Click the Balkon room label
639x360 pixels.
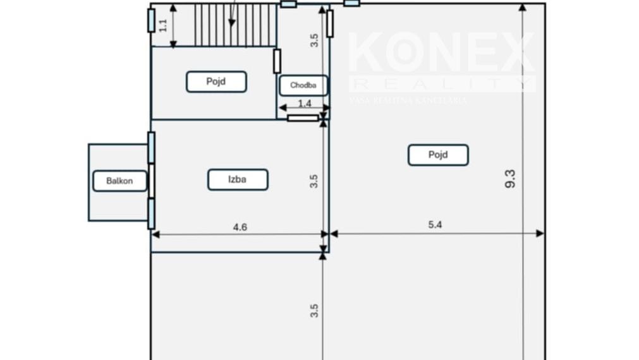point(119,181)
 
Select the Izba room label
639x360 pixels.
point(238,179)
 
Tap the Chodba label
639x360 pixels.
point(303,85)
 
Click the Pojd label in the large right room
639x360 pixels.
point(438,155)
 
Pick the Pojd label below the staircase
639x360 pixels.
point(216,81)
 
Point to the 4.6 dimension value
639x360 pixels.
point(240,227)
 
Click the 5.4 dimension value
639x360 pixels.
point(435,224)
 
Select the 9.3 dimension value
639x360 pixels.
point(511,179)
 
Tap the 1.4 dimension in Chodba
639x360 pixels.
point(305,103)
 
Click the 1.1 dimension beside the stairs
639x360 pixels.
point(163,25)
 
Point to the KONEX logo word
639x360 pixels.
point(441,54)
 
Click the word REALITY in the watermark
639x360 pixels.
point(441,84)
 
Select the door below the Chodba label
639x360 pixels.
point(303,118)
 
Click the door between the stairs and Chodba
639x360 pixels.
point(277,61)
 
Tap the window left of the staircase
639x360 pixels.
point(151,20)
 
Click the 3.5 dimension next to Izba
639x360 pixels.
point(314,181)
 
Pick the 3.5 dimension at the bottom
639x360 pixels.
point(314,311)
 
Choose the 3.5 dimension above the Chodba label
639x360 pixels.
point(314,40)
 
